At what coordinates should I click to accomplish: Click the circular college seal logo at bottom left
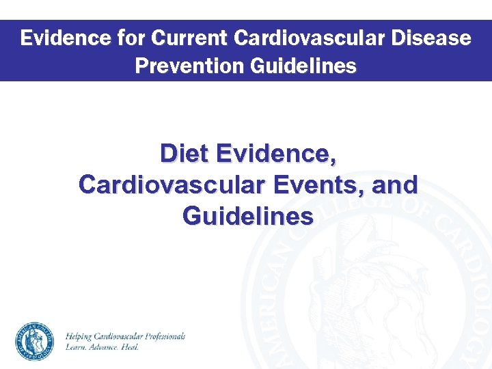tap(34, 340)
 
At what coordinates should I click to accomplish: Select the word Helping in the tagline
tap(81, 336)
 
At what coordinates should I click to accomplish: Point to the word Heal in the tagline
tap(131, 347)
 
